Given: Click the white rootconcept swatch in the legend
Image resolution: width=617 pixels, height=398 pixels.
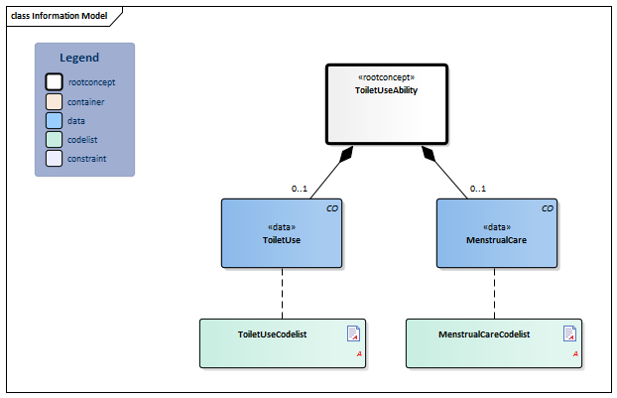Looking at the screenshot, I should (55, 82).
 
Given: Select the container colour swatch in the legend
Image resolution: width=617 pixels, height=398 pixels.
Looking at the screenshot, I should (55, 101).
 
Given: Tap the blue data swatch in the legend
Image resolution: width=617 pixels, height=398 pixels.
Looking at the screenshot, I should (55, 120).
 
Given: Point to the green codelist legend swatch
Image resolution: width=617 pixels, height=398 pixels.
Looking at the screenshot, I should (55, 139).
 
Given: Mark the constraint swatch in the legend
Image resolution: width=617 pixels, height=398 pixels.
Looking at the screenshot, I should (55, 158).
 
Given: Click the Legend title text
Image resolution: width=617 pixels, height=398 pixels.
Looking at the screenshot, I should (79, 58).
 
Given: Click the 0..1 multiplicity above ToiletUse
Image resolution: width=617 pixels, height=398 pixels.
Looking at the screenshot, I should (300, 189).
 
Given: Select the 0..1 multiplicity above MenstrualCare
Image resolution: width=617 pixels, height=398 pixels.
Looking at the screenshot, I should (477, 189).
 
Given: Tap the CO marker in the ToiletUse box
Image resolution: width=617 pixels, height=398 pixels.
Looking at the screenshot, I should (332, 208).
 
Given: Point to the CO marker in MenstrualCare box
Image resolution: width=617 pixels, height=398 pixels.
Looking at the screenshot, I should (548, 208).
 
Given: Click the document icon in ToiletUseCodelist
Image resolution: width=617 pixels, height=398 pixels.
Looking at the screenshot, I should (353, 333).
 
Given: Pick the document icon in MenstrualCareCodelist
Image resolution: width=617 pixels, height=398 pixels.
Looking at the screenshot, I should (569, 333).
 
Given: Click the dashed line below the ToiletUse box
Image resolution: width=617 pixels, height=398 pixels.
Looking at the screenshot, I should (282, 294).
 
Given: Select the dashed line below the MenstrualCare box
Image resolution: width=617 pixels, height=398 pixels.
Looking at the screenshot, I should (494, 294).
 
